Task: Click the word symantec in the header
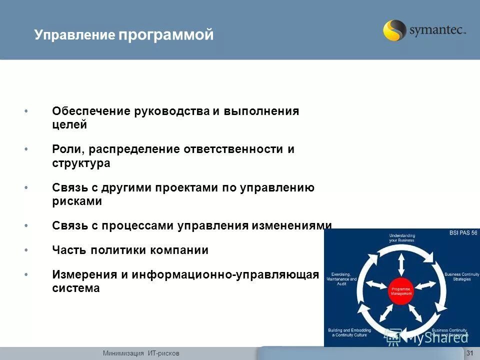[436, 31]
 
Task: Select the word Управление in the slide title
[75, 35]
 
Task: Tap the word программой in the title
[166, 35]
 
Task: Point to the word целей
[69, 125]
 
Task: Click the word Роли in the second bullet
[64, 149]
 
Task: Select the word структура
[81, 163]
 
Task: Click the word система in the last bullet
[75, 288]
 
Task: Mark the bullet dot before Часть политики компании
[26, 250]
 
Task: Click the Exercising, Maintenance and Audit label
[342, 279]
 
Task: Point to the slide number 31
[469, 353]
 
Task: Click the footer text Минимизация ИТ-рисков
[141, 353]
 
